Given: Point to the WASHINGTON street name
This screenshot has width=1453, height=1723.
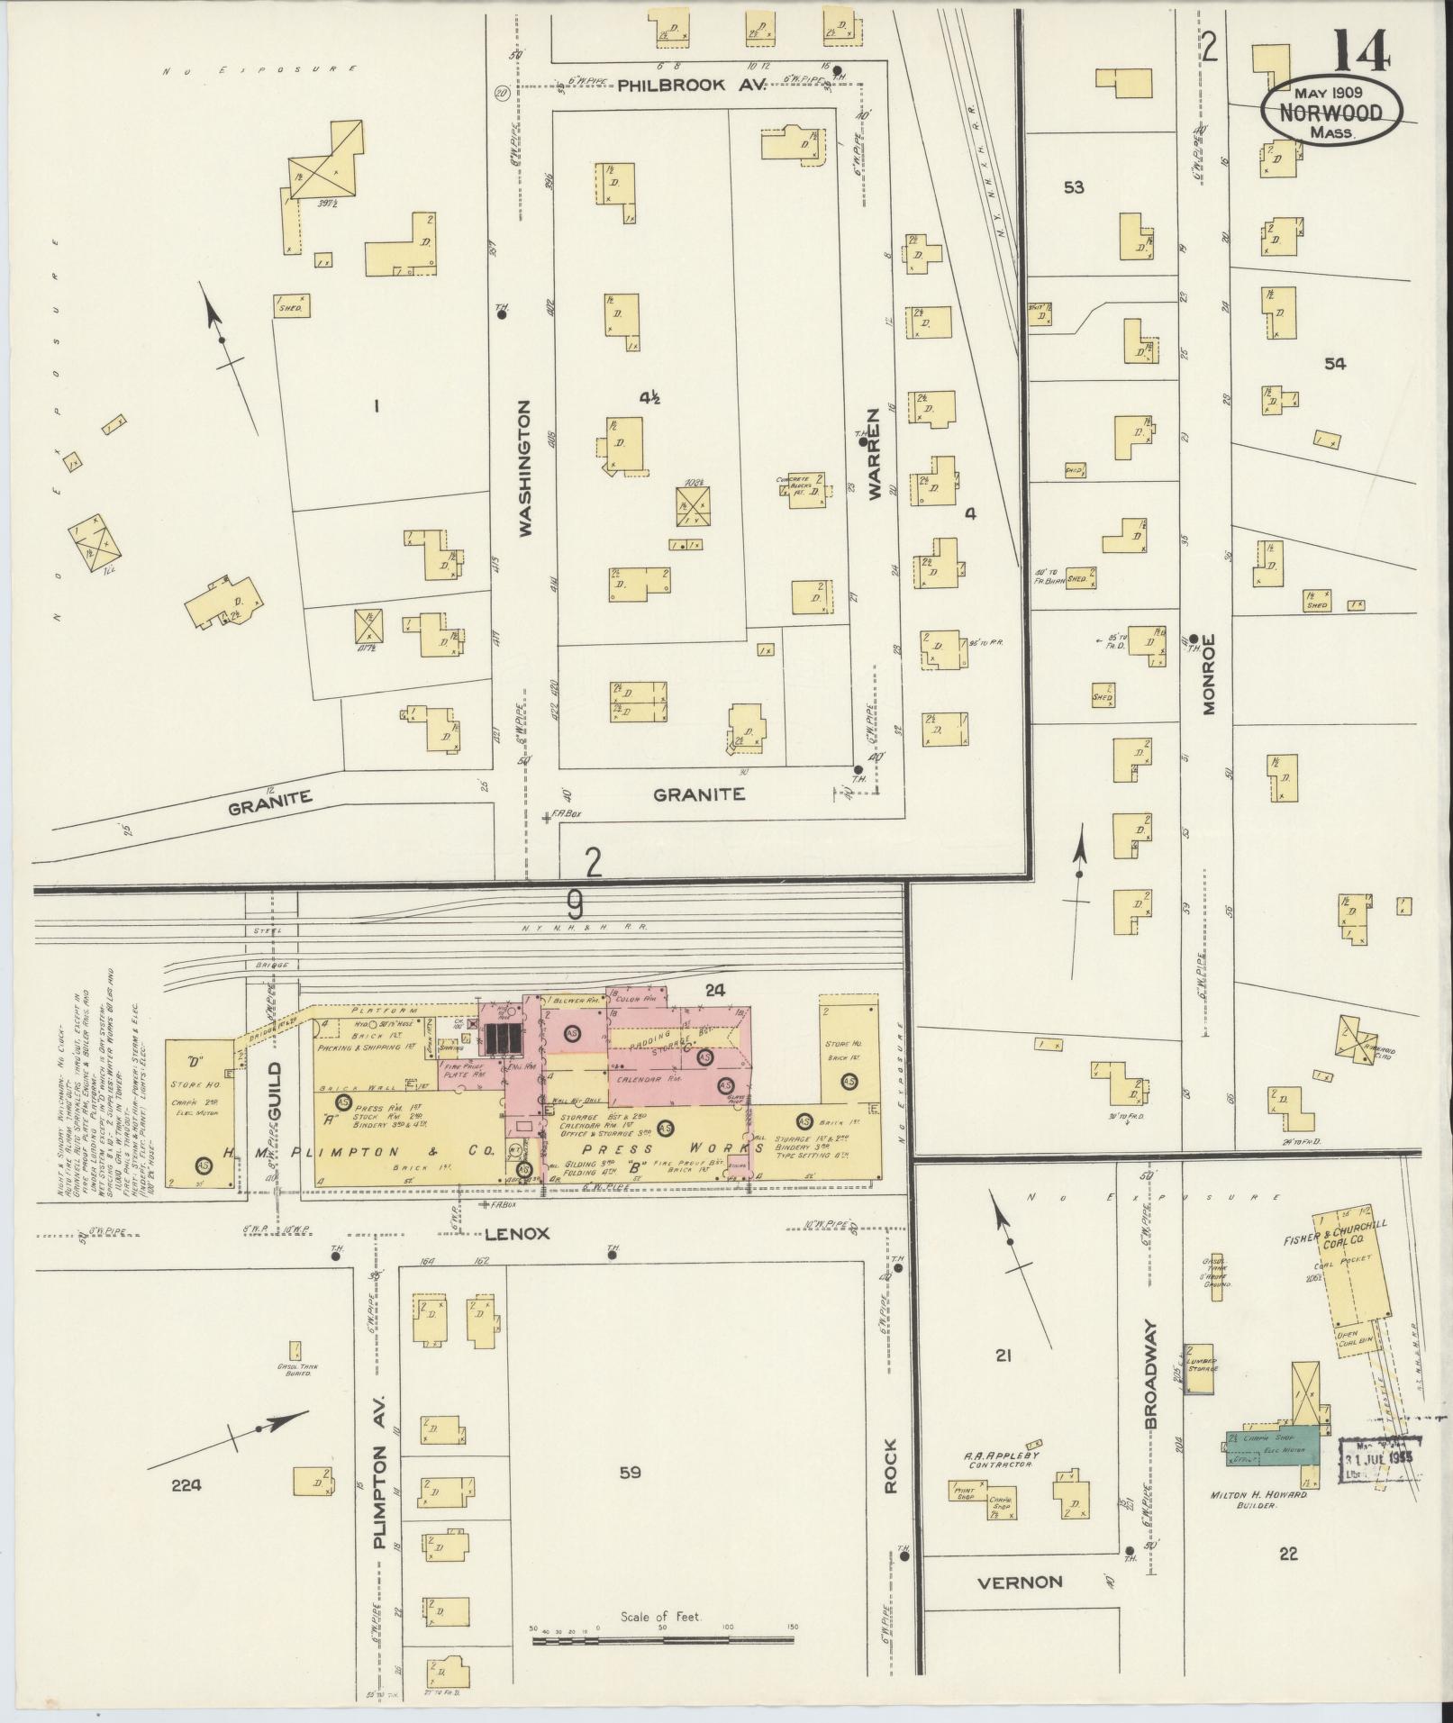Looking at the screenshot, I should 525,469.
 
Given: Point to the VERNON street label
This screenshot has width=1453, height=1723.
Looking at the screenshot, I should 1020,1582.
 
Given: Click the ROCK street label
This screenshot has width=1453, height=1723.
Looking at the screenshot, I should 890,1474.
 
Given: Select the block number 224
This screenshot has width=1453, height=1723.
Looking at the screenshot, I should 188,1486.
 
